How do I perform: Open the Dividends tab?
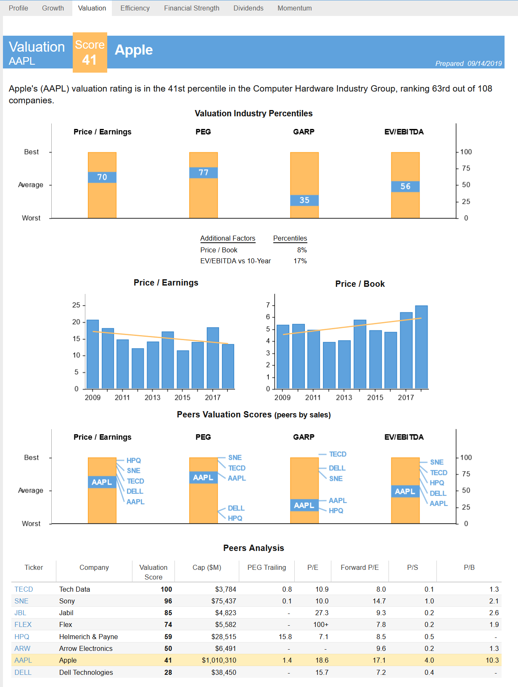248,8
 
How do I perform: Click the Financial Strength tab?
191,8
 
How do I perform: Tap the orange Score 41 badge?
90,52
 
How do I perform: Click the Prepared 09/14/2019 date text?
468,63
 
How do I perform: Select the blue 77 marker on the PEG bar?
203,173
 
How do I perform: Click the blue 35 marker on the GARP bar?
304,200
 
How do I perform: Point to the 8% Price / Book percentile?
302,250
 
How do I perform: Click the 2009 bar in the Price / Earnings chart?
92,354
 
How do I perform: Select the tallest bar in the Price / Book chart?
421,347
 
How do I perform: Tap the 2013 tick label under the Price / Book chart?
344,398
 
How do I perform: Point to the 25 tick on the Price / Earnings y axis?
76,305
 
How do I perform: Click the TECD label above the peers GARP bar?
338,454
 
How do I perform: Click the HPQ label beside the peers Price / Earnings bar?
134,460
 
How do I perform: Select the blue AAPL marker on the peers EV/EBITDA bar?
405,491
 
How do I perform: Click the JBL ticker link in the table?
20,613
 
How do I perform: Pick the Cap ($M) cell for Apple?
219,660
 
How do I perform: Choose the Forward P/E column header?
359,567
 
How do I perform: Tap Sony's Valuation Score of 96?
168,601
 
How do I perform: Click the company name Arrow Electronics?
85,648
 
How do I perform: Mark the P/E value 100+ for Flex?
321,625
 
